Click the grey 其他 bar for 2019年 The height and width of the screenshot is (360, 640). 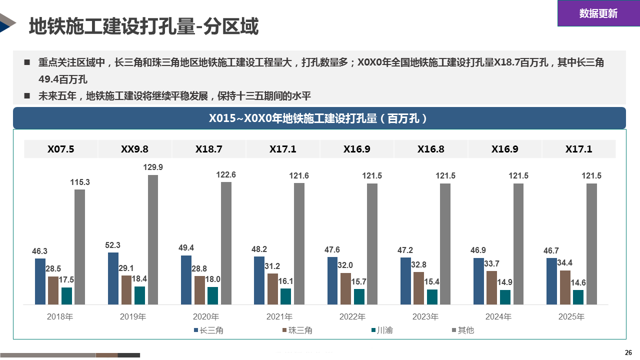[152, 239]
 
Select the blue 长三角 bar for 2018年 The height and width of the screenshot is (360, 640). [40, 281]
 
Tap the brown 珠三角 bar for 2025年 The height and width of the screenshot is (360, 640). [565, 287]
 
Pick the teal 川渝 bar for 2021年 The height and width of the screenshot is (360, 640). [285, 296]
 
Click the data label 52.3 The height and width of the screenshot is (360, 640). [113, 245]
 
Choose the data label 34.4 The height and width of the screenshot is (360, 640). [565, 263]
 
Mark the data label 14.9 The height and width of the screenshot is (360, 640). [505, 282]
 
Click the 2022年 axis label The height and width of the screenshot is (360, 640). [352, 317]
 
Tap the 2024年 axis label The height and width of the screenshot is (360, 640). [498, 317]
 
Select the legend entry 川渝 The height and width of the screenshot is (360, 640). [384, 330]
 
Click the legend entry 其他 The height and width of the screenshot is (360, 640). [465, 330]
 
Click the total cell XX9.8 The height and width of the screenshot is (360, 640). [134, 149]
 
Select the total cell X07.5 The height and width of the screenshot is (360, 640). [61, 149]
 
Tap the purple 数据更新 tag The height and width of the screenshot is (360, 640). [598, 13]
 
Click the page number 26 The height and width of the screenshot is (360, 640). [628, 352]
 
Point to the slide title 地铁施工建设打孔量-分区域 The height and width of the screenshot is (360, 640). [143, 26]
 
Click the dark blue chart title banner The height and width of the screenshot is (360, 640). [319, 118]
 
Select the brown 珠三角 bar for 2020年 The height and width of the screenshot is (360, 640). [199, 290]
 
